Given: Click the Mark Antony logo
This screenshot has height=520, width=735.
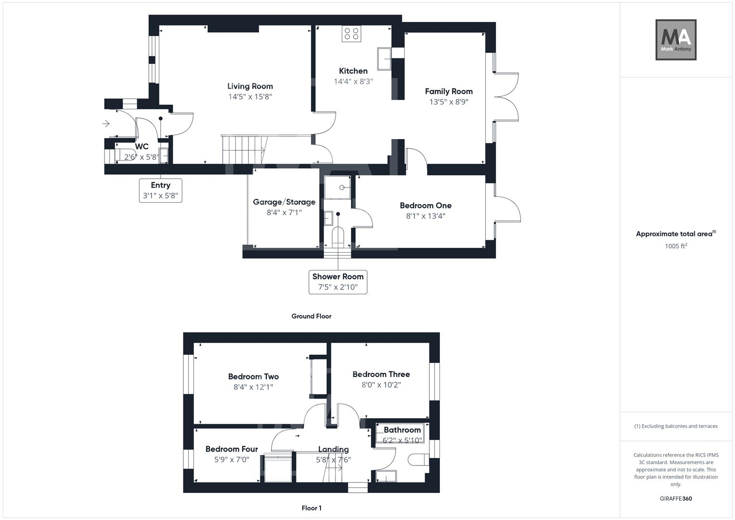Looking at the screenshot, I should point(676,39).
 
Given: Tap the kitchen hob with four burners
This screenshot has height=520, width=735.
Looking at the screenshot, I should point(351,34).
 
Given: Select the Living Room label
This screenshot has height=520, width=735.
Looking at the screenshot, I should point(250,86).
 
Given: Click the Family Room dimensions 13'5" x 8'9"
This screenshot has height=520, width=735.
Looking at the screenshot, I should point(449,102).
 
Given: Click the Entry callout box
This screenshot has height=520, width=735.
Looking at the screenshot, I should point(160,190).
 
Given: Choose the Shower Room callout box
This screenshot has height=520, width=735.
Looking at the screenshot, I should point(337,282).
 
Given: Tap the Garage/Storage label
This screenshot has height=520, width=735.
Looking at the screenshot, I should point(284,202).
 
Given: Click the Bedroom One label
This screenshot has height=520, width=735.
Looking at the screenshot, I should point(426,206).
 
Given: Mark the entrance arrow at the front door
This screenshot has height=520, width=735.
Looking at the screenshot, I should point(106,124).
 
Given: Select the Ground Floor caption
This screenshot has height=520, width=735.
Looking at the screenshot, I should point(311,316).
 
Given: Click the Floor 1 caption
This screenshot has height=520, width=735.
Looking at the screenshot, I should point(311,508).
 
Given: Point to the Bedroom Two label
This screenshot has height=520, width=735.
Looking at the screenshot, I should point(253,377).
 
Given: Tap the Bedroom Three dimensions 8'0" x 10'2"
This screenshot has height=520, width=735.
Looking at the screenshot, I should point(381,385).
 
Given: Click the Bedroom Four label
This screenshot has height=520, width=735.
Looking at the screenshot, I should point(232,449).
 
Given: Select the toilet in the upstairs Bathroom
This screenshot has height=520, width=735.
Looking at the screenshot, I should point(418,460).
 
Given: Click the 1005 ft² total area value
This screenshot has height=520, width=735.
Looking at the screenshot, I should point(676,246).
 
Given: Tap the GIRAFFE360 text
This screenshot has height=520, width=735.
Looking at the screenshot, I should point(676,498).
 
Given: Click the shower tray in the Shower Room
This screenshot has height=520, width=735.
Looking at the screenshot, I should point(337,187).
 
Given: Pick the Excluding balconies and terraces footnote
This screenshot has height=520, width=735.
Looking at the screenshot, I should point(676,426).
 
